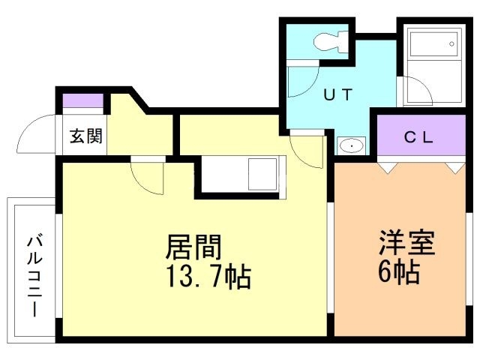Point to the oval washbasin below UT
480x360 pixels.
349,145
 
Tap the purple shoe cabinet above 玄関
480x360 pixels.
82,101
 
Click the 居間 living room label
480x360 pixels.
193,247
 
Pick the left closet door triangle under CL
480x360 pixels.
386,166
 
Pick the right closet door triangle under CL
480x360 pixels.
454,166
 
